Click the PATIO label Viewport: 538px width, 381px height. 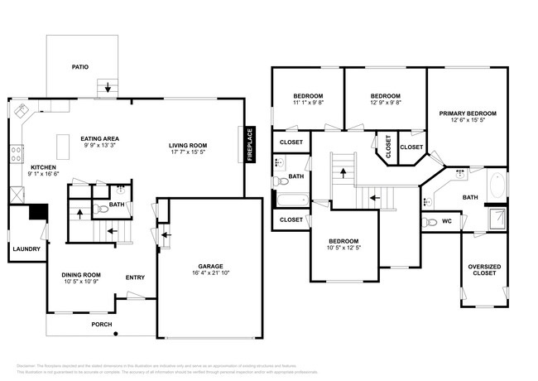coord(80,66)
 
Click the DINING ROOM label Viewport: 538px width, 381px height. coord(80,275)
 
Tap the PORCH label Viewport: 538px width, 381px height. coord(102,324)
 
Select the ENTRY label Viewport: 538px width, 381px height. coord(135,277)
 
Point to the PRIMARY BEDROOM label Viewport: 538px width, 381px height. coord(468,113)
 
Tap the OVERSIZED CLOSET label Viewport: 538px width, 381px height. coord(484,270)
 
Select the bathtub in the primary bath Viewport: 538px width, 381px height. coord(498,185)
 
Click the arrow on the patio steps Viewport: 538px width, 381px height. coord(106,86)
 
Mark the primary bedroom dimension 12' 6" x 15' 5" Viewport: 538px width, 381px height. coord(468,121)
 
